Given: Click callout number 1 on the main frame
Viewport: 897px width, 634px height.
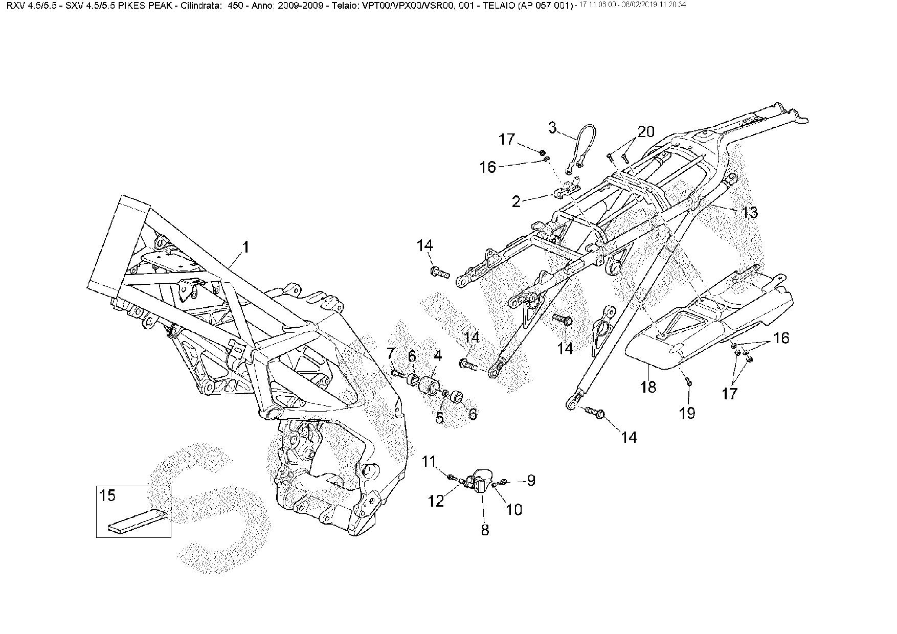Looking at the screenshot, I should pos(246,248).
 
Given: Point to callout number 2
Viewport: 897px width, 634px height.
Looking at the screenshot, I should pos(517,201).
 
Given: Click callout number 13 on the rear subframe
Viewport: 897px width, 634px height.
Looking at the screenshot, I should pos(749,212).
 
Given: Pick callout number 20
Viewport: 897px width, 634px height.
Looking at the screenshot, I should pos(646,132).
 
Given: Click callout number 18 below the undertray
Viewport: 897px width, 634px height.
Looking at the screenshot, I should pos(648,387).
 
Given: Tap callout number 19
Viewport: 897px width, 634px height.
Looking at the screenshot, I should pos(688,413).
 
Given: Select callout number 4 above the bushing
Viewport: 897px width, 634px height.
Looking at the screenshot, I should pos(438,355).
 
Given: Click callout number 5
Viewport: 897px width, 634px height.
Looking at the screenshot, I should pos(440,418).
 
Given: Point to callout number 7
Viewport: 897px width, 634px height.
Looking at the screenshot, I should pos(391,353).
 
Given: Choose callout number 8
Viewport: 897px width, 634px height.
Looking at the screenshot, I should pos(485,530).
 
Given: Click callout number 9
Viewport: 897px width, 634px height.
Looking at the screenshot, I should pos(531,480).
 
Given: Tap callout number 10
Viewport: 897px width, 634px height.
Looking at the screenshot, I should pos(514,509).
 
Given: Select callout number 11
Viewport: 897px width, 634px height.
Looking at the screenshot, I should pos(428,461).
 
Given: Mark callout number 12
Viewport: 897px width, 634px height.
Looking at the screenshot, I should pos(436,502).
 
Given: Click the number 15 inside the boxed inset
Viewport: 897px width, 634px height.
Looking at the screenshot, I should pos(107,495).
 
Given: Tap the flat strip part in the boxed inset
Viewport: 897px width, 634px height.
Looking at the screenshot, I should pos(137,522).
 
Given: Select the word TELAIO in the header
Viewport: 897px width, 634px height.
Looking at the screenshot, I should pos(499,6).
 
